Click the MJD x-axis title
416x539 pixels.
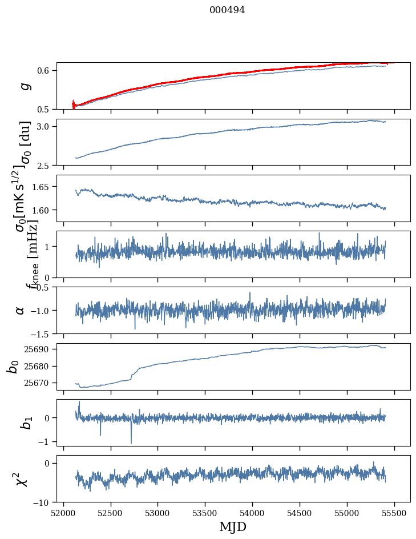tap(233, 527)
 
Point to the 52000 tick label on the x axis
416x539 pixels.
tap(63, 513)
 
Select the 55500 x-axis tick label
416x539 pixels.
tap(394, 513)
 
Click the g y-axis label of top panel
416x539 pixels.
tap(24, 86)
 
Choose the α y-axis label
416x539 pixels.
tap(20, 310)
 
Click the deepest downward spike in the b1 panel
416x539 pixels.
tap(131, 443)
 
